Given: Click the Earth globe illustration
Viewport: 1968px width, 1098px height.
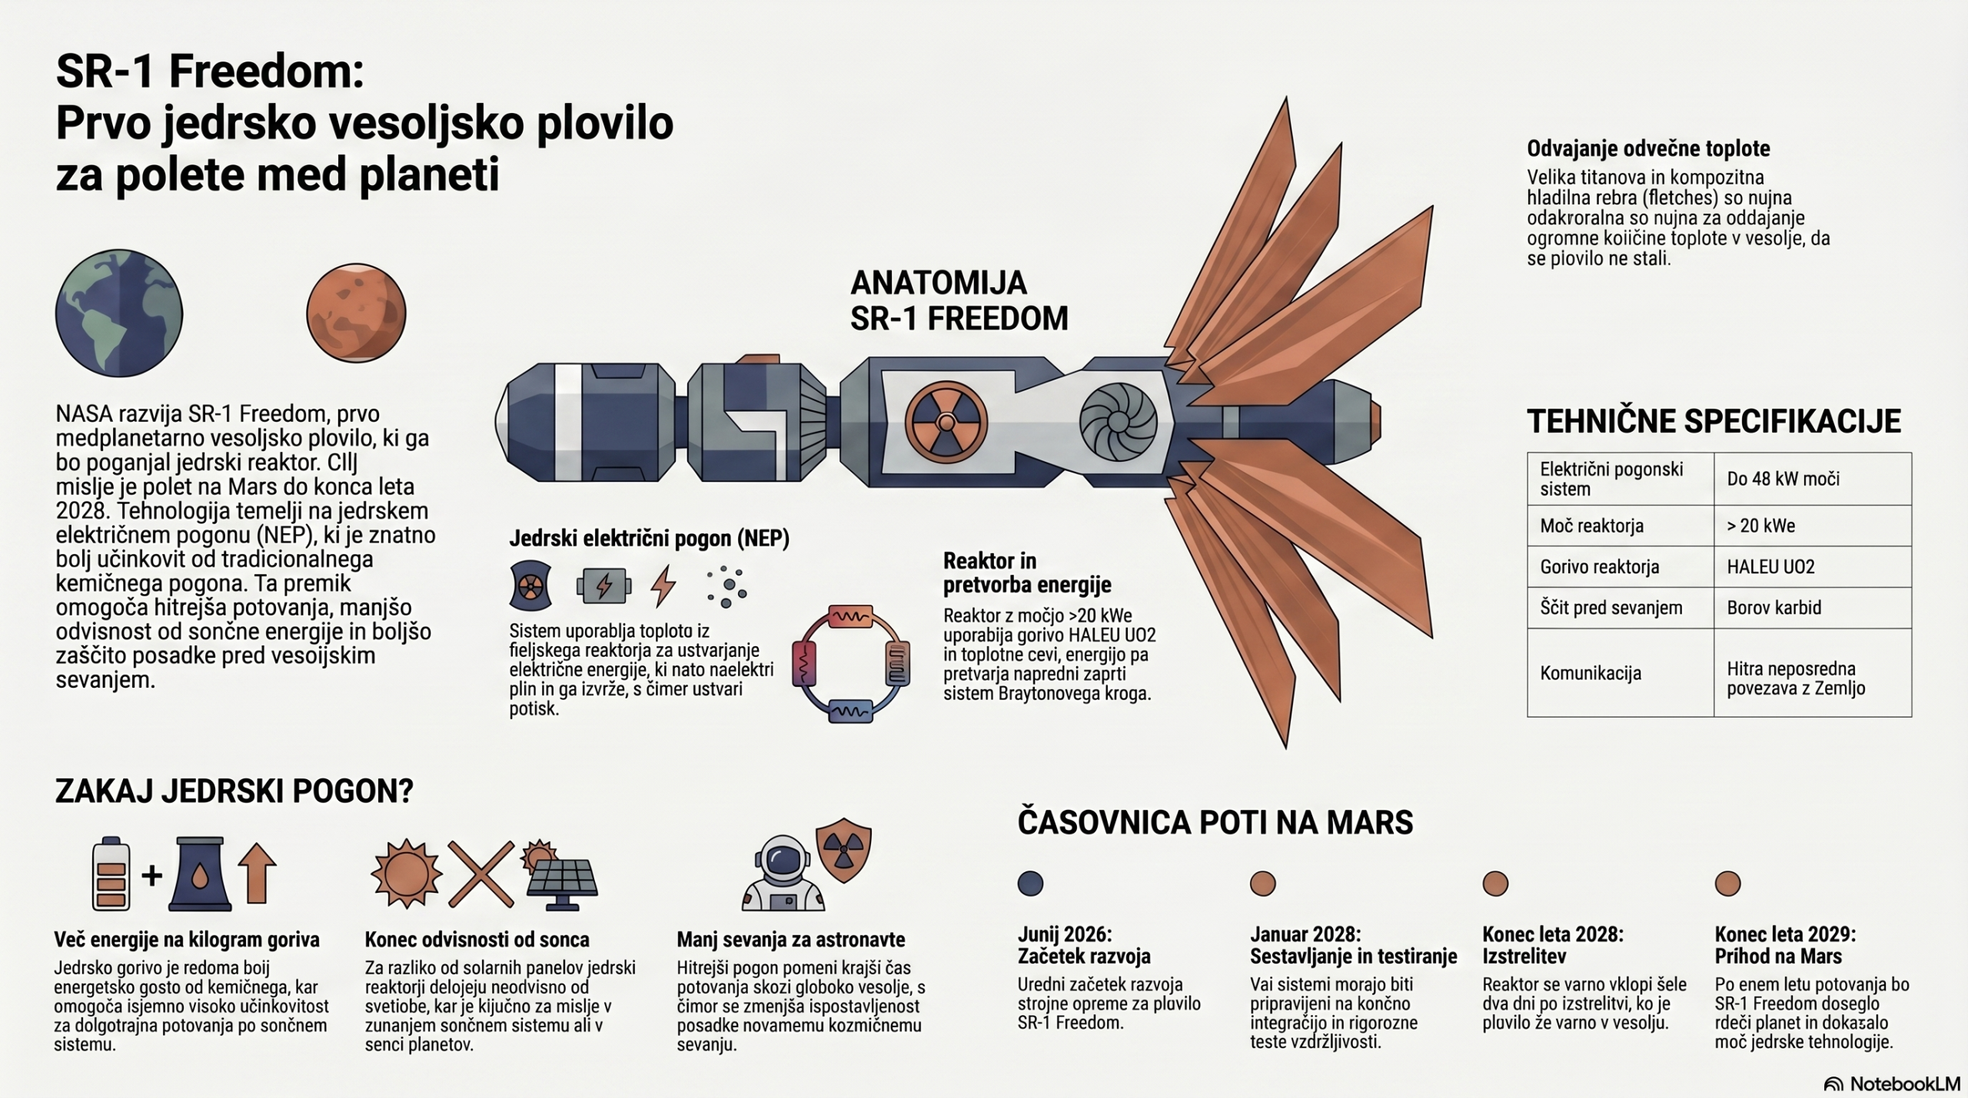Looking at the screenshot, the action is pos(119,313).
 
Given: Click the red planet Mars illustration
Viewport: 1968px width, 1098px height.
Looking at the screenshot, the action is pos(356,313).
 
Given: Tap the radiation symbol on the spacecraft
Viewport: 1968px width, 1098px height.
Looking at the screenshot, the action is pos(946,423).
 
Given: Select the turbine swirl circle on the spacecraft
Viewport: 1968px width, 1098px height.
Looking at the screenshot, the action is pos(1119,423).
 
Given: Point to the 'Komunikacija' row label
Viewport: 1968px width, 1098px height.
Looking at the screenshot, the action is pos(1591,673).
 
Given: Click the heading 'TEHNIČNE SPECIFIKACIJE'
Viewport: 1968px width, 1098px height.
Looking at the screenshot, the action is pos(1714,421).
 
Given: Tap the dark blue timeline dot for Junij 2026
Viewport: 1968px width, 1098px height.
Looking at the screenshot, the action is pos(1030,884).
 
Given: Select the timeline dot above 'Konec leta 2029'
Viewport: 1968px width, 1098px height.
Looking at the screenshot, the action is pos(1727,884).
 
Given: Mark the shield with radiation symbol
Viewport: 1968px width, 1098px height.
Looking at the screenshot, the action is pos(843,854).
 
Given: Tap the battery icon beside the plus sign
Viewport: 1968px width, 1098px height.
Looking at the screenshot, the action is pos(111,874).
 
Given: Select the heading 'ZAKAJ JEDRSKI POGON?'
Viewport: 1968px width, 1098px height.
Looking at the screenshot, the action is pos(234,791).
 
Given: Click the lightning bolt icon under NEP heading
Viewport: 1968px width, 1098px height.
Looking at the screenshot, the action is pos(663,586).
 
